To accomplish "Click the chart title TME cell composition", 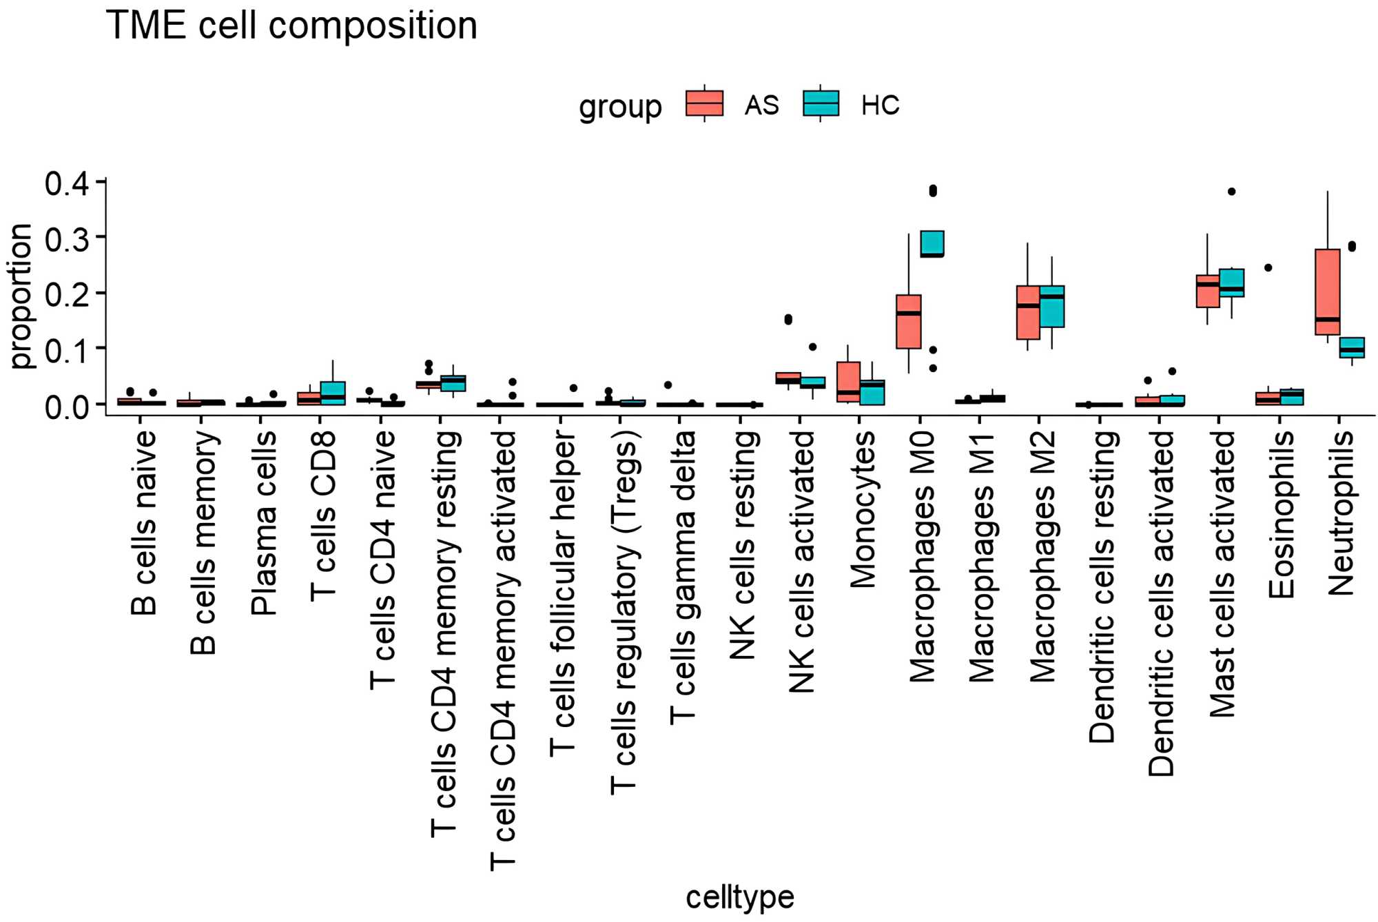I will [x=291, y=26].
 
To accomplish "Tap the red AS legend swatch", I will [x=704, y=103].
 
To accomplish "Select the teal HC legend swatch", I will [x=821, y=103].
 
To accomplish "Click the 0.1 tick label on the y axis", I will [x=67, y=351].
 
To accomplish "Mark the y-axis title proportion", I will [x=21, y=296].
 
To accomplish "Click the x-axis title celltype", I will [x=740, y=897].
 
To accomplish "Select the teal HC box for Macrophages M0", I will [x=932, y=243].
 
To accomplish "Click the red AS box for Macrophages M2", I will [x=1028, y=312].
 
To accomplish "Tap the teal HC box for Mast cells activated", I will [x=1231, y=283].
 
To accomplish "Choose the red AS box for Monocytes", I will [x=848, y=381].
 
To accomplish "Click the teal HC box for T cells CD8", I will [x=333, y=393].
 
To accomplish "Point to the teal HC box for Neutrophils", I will [x=1352, y=347].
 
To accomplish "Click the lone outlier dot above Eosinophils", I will [x=1268, y=267].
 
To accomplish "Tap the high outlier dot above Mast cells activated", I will [x=1231, y=192].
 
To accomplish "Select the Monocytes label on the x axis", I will [x=863, y=509].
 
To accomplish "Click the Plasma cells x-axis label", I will [x=263, y=523].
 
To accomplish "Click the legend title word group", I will [x=620, y=107].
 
